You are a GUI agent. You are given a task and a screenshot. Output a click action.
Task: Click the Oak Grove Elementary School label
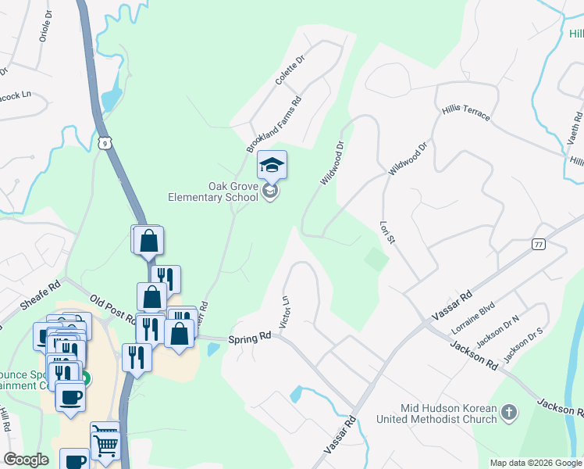tap(212, 192)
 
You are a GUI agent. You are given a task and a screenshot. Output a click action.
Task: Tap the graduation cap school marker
tap(272, 165)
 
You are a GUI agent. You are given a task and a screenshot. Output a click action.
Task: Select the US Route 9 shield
tap(105, 142)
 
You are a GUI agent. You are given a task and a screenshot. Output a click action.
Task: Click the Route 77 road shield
tap(538, 245)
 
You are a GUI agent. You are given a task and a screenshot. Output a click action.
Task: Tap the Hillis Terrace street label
tap(466, 112)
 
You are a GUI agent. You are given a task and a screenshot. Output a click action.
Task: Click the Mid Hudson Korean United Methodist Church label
tap(448, 414)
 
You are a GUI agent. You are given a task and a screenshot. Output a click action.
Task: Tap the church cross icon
tap(508, 411)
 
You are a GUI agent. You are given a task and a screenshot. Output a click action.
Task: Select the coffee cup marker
tap(70, 396)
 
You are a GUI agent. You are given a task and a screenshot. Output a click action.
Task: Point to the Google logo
tap(27, 460)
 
